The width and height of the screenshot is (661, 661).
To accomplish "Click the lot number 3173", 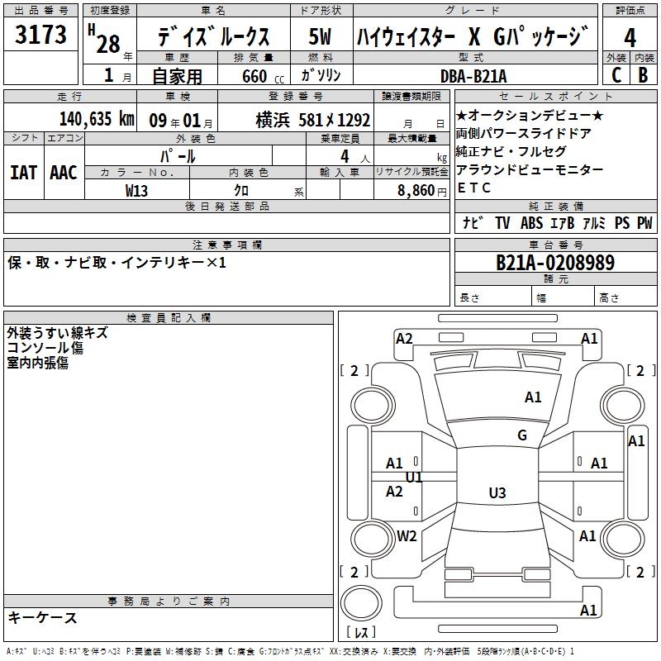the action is (40, 34).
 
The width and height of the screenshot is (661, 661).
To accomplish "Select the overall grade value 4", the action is (630, 38).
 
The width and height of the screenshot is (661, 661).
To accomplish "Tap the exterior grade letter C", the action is (616, 75).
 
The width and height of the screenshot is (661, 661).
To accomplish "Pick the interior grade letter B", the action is (644, 75).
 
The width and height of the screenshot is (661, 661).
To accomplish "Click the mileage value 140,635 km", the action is (97, 119).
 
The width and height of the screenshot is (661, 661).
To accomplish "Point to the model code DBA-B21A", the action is (473, 76).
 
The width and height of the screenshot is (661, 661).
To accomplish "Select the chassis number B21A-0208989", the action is (555, 263).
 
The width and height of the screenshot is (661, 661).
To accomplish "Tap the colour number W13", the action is (136, 191).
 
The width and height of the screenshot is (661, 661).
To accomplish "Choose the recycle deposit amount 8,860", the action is (416, 191).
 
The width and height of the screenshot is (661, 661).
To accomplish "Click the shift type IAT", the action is (24, 173).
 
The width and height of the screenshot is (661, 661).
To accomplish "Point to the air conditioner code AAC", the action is (64, 173).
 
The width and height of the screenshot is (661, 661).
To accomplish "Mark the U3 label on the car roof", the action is (497, 492).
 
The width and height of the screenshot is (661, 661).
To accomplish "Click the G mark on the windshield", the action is (522, 435).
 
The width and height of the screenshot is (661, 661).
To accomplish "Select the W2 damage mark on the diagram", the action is (407, 535).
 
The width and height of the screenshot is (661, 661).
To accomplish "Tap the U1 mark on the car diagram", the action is (414, 478).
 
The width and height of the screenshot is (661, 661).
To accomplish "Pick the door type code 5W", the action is (320, 36).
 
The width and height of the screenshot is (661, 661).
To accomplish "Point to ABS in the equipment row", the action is (531, 223).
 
